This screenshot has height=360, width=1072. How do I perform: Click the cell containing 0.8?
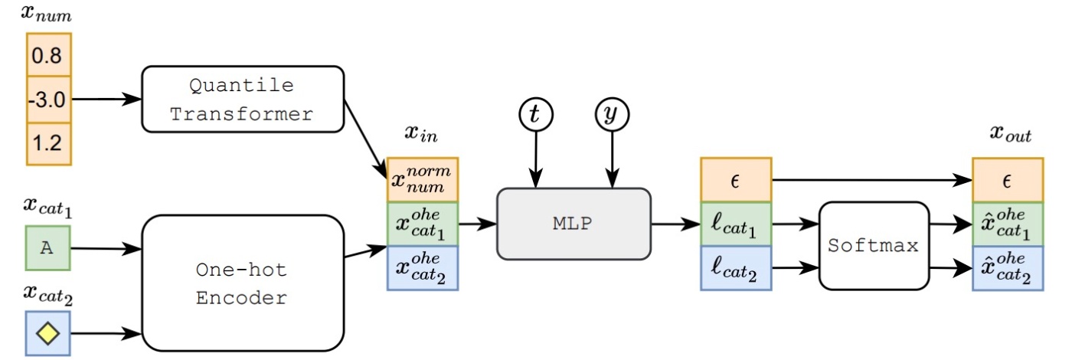[x=49, y=54]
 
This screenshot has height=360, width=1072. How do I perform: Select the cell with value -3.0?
[x=49, y=100]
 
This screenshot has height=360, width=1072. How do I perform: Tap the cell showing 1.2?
[x=49, y=144]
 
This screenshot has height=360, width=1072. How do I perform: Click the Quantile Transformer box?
[x=243, y=99]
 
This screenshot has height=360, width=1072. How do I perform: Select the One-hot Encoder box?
[x=243, y=283]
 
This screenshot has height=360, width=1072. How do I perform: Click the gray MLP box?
[x=574, y=224]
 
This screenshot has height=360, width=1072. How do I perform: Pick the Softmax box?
[x=874, y=246]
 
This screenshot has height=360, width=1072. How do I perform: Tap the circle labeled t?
[x=536, y=114]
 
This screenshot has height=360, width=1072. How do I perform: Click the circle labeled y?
[x=612, y=114]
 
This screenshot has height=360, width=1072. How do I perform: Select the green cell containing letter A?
[x=47, y=248]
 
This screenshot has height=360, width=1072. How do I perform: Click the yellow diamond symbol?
[x=47, y=333]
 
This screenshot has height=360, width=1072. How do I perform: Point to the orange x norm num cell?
[x=423, y=180]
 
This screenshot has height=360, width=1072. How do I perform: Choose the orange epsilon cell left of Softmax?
[x=736, y=180]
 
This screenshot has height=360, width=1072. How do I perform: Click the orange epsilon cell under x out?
[x=1008, y=180]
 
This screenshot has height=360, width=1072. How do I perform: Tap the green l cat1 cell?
[x=736, y=224]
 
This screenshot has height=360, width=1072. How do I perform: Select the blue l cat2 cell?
[x=736, y=268]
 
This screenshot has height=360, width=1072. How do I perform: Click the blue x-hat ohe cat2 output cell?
[x=1008, y=268]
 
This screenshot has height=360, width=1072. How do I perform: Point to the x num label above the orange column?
[x=47, y=14]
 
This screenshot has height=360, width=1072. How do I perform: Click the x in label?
[x=421, y=133]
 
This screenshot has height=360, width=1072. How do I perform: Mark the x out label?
[x=1010, y=133]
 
